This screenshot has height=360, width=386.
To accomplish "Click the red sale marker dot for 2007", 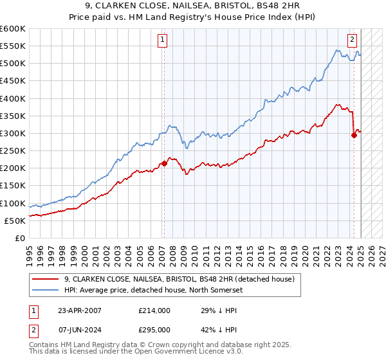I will (x=164, y=163).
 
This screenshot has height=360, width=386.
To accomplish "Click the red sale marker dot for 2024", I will (x=354, y=135).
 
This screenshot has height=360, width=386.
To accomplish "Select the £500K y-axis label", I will (x=13, y=64).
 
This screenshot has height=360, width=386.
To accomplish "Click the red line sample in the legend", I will (x=45, y=279).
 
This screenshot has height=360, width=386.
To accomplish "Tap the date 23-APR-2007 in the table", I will (x=78, y=310).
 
